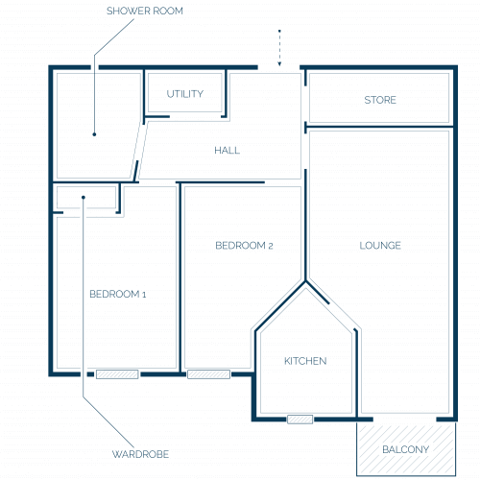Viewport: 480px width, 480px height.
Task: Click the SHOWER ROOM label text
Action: [x=145, y=11]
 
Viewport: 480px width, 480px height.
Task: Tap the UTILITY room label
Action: [x=185, y=94]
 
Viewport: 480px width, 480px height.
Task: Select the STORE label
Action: [x=380, y=100]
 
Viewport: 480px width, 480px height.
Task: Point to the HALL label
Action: [x=227, y=150]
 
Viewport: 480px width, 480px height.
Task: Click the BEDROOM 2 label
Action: [x=244, y=246]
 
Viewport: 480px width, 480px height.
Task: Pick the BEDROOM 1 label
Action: [x=118, y=294]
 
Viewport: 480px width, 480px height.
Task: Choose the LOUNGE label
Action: [x=380, y=246]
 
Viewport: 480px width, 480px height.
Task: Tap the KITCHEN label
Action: [x=305, y=361]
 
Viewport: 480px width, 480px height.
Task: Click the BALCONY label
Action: [x=406, y=449]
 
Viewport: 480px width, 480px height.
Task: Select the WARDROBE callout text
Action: [x=140, y=454]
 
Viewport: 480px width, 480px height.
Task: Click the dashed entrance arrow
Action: [x=279, y=48]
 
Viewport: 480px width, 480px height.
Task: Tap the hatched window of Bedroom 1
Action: [x=117, y=374]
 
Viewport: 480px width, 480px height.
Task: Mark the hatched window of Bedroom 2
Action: [x=208, y=374]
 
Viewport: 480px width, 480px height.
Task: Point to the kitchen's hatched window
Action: [x=300, y=420]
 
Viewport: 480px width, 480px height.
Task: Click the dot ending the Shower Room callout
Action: [x=94, y=134]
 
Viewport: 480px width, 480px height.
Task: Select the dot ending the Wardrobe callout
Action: [x=84, y=198]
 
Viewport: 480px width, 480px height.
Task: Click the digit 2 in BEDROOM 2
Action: [x=271, y=246]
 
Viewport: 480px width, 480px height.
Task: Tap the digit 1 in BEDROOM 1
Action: [x=144, y=295]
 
